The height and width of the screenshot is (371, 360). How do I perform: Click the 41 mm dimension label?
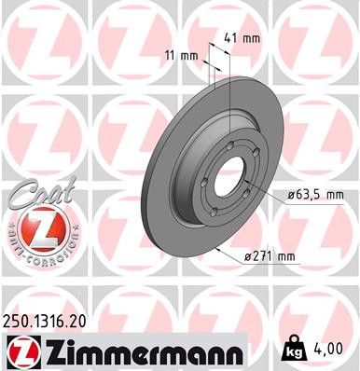(x=243, y=39)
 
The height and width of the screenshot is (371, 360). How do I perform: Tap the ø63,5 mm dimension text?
(x=315, y=195)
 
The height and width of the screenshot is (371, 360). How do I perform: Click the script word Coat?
(x=38, y=195)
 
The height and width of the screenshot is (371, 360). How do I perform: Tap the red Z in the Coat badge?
(x=37, y=229)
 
